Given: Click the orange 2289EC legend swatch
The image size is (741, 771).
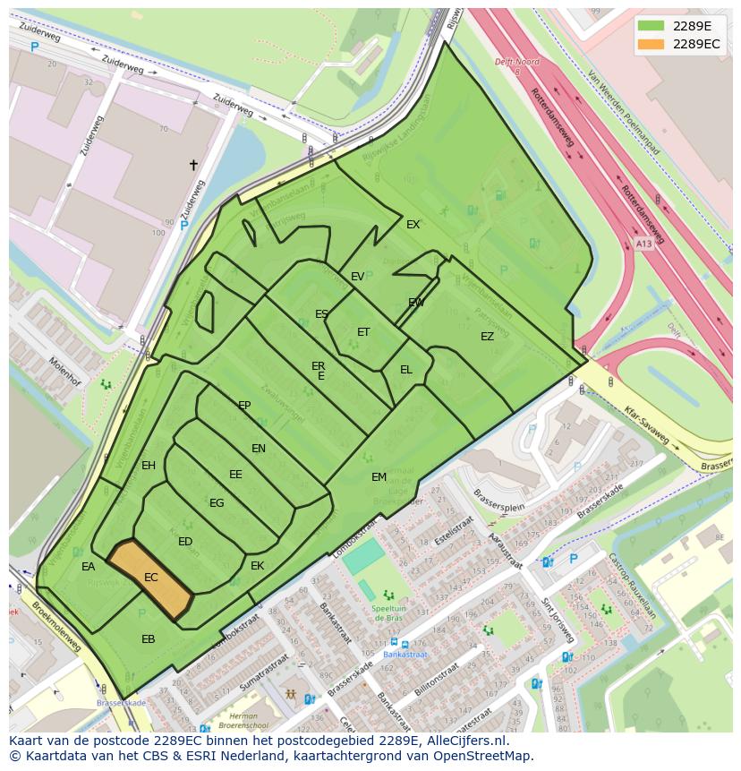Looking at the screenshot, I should (x=652, y=44).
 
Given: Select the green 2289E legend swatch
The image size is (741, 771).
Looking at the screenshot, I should (x=652, y=25).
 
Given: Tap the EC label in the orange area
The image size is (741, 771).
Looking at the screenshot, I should (x=151, y=578).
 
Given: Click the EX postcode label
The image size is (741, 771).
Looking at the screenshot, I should (x=413, y=225).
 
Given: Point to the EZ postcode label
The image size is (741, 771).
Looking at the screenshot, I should (x=487, y=337).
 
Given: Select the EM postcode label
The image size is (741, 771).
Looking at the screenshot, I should (x=379, y=477).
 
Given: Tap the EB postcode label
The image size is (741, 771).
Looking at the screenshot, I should (x=149, y=639).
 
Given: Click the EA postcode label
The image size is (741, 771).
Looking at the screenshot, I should (x=88, y=567).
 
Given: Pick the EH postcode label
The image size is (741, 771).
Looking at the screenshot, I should (x=149, y=466).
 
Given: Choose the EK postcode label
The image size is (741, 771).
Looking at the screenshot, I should (x=258, y=566).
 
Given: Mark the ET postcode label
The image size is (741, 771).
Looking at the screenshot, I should (x=363, y=332).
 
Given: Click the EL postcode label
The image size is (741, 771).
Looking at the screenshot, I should (x=406, y=370).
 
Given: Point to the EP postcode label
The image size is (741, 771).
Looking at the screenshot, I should (x=244, y=406).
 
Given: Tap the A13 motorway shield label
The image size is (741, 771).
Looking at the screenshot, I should (x=643, y=243).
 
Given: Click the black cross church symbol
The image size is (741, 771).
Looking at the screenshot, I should (x=192, y=165).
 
